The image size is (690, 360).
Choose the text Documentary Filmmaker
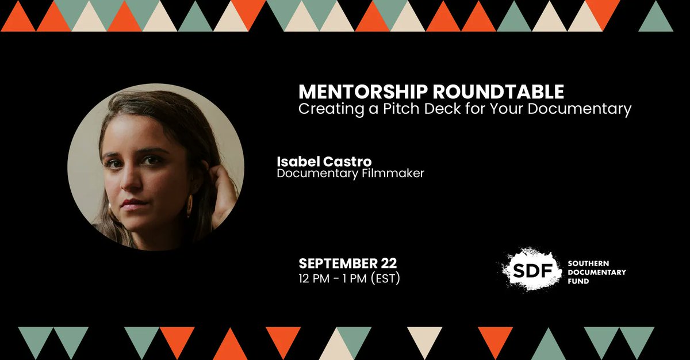point(350,173)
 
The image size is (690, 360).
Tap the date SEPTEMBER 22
point(347,264)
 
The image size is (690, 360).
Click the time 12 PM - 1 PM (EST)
point(349,279)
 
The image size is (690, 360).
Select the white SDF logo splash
point(529,269)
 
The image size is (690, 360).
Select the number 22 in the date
point(388,264)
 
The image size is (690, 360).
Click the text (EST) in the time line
point(386,279)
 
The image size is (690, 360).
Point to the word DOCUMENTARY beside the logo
point(597,272)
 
